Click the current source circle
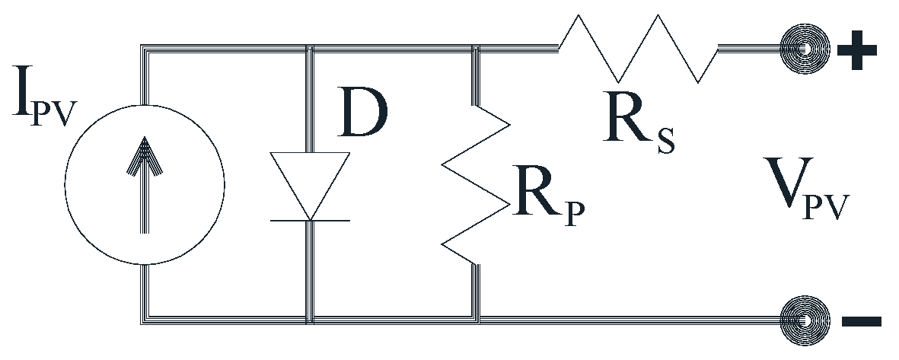coord(145,184)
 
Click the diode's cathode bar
coord(311,221)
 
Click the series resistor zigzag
coord(638,47)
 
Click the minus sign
coord(861,321)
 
